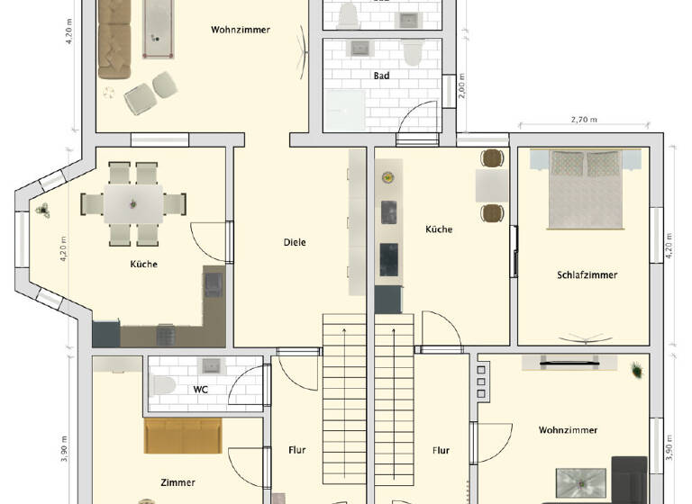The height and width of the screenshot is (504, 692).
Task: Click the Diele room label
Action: click(x=295, y=242)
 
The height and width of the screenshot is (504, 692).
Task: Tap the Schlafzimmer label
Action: click(x=587, y=274)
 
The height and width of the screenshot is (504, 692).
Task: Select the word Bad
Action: click(x=382, y=76)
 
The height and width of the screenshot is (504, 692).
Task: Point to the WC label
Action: click(x=201, y=390)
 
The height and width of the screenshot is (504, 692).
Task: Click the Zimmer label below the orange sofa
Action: click(x=178, y=482)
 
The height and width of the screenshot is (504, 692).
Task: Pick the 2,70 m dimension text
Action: click(x=585, y=120)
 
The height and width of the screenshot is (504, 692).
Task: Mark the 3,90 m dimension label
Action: click(x=65, y=447)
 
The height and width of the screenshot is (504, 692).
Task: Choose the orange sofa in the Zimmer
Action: click(x=183, y=436)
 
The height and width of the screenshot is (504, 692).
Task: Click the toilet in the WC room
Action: click(x=163, y=385)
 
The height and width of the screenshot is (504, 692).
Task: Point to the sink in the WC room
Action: click(x=213, y=365)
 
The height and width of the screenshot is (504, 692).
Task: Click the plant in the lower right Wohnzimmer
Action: click(x=636, y=369)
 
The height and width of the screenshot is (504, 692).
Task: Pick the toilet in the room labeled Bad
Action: click(x=413, y=54)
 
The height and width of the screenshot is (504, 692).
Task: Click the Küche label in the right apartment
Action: click(x=439, y=229)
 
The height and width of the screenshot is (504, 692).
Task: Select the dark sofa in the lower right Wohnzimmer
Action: click(x=629, y=479)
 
